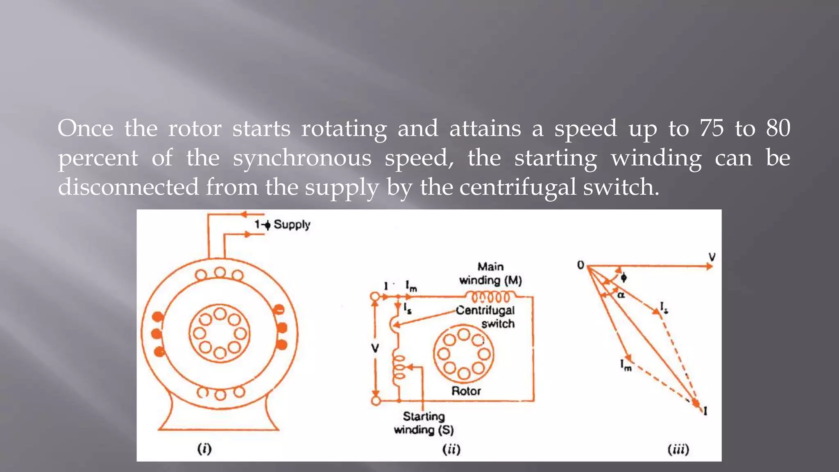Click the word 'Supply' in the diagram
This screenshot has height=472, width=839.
292,225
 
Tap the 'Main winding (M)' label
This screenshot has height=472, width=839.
490,273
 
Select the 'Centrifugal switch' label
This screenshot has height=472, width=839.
485,316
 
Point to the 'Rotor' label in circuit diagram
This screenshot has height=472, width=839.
466,391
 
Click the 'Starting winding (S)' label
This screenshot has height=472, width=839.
424,423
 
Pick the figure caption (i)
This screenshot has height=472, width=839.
204,449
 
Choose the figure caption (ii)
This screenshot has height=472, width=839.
451,449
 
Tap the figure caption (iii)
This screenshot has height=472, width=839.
678,449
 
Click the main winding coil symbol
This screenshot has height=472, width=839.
490,296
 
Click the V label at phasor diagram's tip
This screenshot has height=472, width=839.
712,257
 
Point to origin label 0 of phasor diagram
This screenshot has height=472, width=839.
580,265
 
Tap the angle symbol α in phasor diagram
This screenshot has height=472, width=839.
621,295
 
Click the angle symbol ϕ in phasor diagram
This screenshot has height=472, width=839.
624,277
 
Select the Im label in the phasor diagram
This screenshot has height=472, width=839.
626,365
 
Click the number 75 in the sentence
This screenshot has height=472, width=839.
712,128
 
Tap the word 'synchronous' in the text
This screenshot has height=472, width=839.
302,158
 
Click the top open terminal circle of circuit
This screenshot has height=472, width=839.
375,297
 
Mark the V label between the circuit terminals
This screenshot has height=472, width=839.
375,348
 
